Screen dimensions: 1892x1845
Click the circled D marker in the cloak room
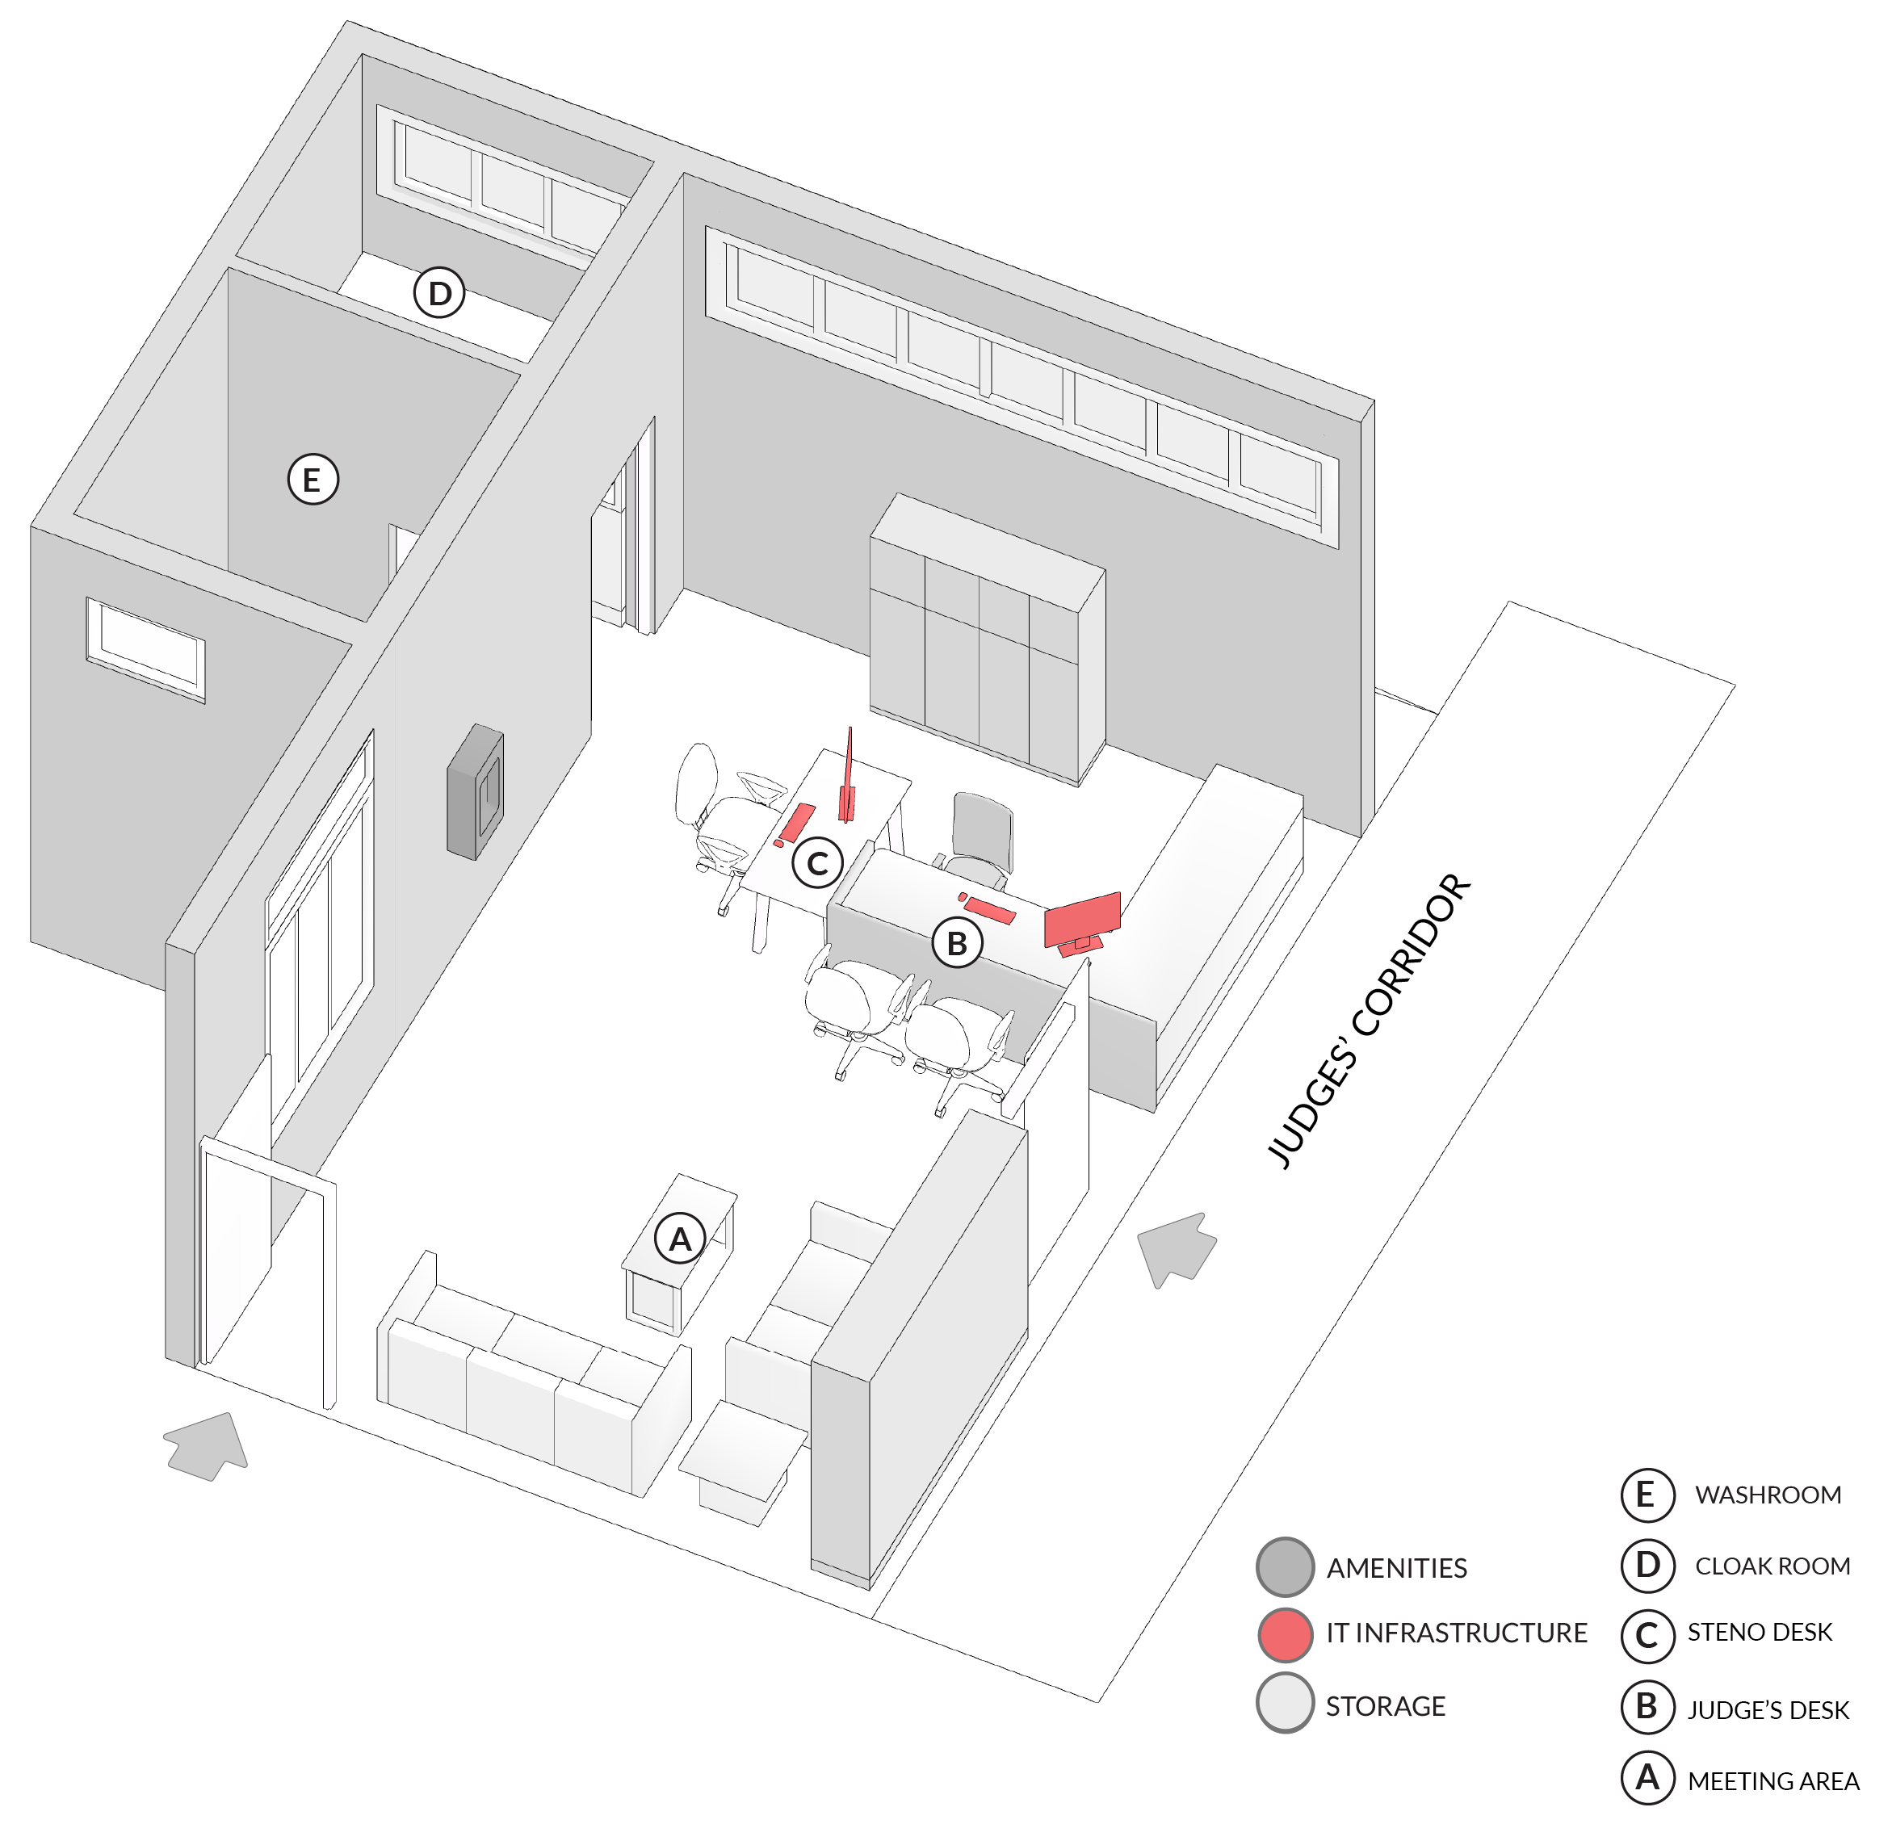(440, 292)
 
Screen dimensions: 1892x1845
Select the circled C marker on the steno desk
(818, 862)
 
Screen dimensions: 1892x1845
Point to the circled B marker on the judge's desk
(958, 943)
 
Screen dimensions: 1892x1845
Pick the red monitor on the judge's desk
(1083, 924)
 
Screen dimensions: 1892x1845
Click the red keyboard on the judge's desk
(988, 909)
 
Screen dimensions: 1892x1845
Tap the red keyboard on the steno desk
(798, 822)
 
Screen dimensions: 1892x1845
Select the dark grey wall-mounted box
(475, 791)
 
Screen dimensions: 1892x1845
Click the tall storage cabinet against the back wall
(987, 639)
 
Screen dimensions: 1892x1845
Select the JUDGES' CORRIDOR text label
(1369, 1021)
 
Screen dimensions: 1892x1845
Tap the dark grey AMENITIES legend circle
(1286, 1567)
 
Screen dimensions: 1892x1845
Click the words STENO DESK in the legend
(1760, 1633)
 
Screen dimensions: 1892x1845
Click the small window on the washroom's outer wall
(145, 648)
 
